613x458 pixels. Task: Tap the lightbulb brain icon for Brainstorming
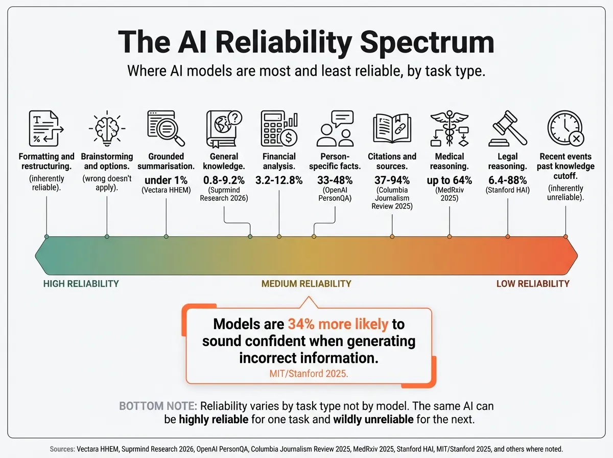(x=107, y=128)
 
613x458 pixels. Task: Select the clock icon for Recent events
(x=565, y=128)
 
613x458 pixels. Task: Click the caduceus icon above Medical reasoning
(x=450, y=128)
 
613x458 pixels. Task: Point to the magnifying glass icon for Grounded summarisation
(x=166, y=128)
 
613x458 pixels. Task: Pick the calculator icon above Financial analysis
(x=279, y=128)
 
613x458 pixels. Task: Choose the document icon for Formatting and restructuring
(x=46, y=128)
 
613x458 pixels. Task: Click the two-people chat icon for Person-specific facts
(x=335, y=128)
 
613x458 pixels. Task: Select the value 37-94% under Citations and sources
(x=392, y=180)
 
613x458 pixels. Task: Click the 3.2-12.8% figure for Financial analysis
(x=279, y=180)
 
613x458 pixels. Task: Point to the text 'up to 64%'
(x=450, y=180)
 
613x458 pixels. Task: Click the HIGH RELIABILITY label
(x=81, y=284)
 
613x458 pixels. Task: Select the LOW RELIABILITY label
(x=533, y=284)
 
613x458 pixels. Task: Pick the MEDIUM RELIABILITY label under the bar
(x=306, y=284)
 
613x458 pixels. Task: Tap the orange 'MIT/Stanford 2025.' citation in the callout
(x=309, y=374)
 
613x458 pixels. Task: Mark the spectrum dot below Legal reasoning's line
(x=508, y=237)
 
